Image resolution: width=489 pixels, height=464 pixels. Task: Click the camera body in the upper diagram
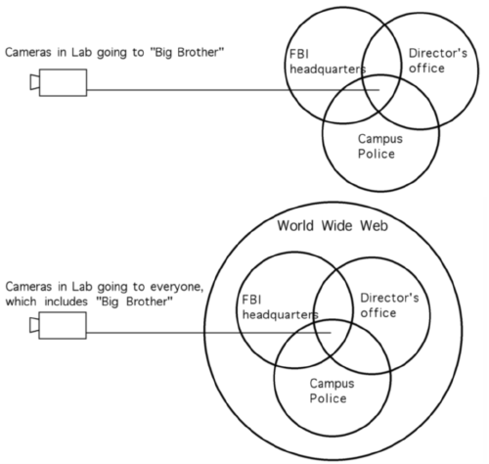pyautogui.click(x=63, y=82)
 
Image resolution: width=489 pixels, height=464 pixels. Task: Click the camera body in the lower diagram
pyautogui.click(x=63, y=325)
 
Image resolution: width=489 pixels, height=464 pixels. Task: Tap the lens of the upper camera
pyautogui.click(x=34, y=82)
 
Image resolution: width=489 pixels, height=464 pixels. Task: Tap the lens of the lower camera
pyautogui.click(x=34, y=325)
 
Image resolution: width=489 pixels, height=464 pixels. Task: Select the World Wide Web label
pyautogui.click(x=333, y=226)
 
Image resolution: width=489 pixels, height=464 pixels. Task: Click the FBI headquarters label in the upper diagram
pyautogui.click(x=328, y=62)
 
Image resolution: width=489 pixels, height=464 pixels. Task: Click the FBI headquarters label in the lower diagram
pyautogui.click(x=280, y=307)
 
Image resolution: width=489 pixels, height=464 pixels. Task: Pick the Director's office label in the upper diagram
pyautogui.click(x=438, y=61)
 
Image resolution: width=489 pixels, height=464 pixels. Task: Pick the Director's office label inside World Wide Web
pyautogui.click(x=389, y=305)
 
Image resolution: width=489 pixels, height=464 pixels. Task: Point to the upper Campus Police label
pyautogui.click(x=380, y=146)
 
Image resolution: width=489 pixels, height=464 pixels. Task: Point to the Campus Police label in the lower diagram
pyautogui.click(x=332, y=391)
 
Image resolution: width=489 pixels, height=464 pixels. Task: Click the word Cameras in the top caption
pyautogui.click(x=28, y=52)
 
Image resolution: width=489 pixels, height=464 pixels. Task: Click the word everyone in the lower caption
pyautogui.click(x=176, y=287)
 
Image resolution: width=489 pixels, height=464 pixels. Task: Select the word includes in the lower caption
pyautogui.click(x=67, y=302)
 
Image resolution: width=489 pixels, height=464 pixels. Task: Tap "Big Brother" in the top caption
pyautogui.click(x=187, y=52)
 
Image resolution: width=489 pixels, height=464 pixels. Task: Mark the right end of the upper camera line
pyautogui.click(x=379, y=90)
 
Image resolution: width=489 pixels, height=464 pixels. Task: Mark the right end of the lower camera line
pyautogui.click(x=331, y=333)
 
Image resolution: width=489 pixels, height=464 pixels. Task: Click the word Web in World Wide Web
pyautogui.click(x=374, y=226)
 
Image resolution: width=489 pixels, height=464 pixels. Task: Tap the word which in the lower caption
pyautogui.click(x=21, y=302)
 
